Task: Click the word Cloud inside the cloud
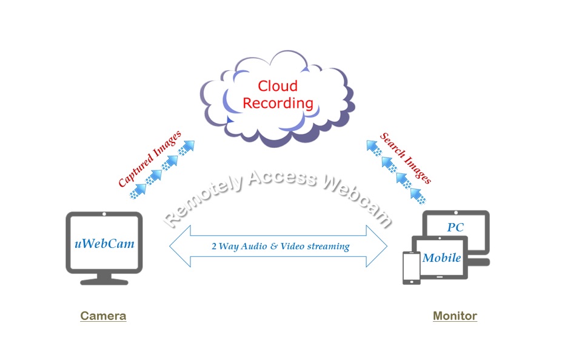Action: [278, 85]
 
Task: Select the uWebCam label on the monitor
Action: [104, 244]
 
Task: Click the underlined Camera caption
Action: [103, 316]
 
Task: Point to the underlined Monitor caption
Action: [455, 316]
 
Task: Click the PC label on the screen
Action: [456, 227]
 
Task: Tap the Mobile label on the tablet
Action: [441, 258]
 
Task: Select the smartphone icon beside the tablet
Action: [411, 268]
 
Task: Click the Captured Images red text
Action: [149, 159]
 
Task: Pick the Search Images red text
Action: [405, 158]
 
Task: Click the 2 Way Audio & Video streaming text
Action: [280, 246]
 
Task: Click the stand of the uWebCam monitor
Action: [104, 279]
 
